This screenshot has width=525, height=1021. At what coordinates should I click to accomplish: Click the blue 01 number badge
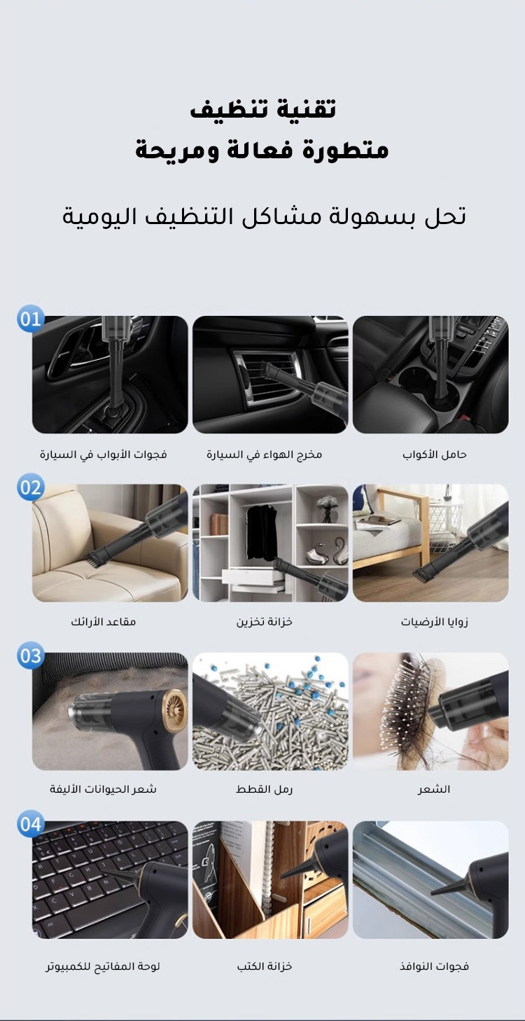tap(31, 319)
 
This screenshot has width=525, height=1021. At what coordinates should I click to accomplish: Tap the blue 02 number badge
tap(31, 487)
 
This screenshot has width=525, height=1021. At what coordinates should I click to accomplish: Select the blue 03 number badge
tap(31, 656)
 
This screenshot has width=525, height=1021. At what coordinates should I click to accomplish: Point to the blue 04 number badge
tap(31, 824)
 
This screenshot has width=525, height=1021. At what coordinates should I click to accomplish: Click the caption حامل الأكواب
tap(434, 454)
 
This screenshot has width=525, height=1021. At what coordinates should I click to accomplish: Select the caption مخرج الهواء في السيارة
tap(265, 454)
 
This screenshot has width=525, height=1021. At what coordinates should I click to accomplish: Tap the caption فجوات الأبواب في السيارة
tap(104, 454)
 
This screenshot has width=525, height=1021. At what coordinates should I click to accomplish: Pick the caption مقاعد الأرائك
tap(104, 622)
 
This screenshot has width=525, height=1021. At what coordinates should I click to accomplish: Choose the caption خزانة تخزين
tap(265, 622)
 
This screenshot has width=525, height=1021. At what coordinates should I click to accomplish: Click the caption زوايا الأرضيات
tap(434, 622)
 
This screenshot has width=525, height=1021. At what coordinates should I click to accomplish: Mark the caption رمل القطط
tap(265, 789)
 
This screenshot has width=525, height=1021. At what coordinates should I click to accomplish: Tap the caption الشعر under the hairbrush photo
tap(434, 789)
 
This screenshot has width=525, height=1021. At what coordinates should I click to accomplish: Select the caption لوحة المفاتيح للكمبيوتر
tap(103, 966)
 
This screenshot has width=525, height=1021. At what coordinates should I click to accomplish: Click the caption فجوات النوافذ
tap(434, 966)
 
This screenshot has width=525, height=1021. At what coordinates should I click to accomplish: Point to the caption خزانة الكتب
tap(265, 966)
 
